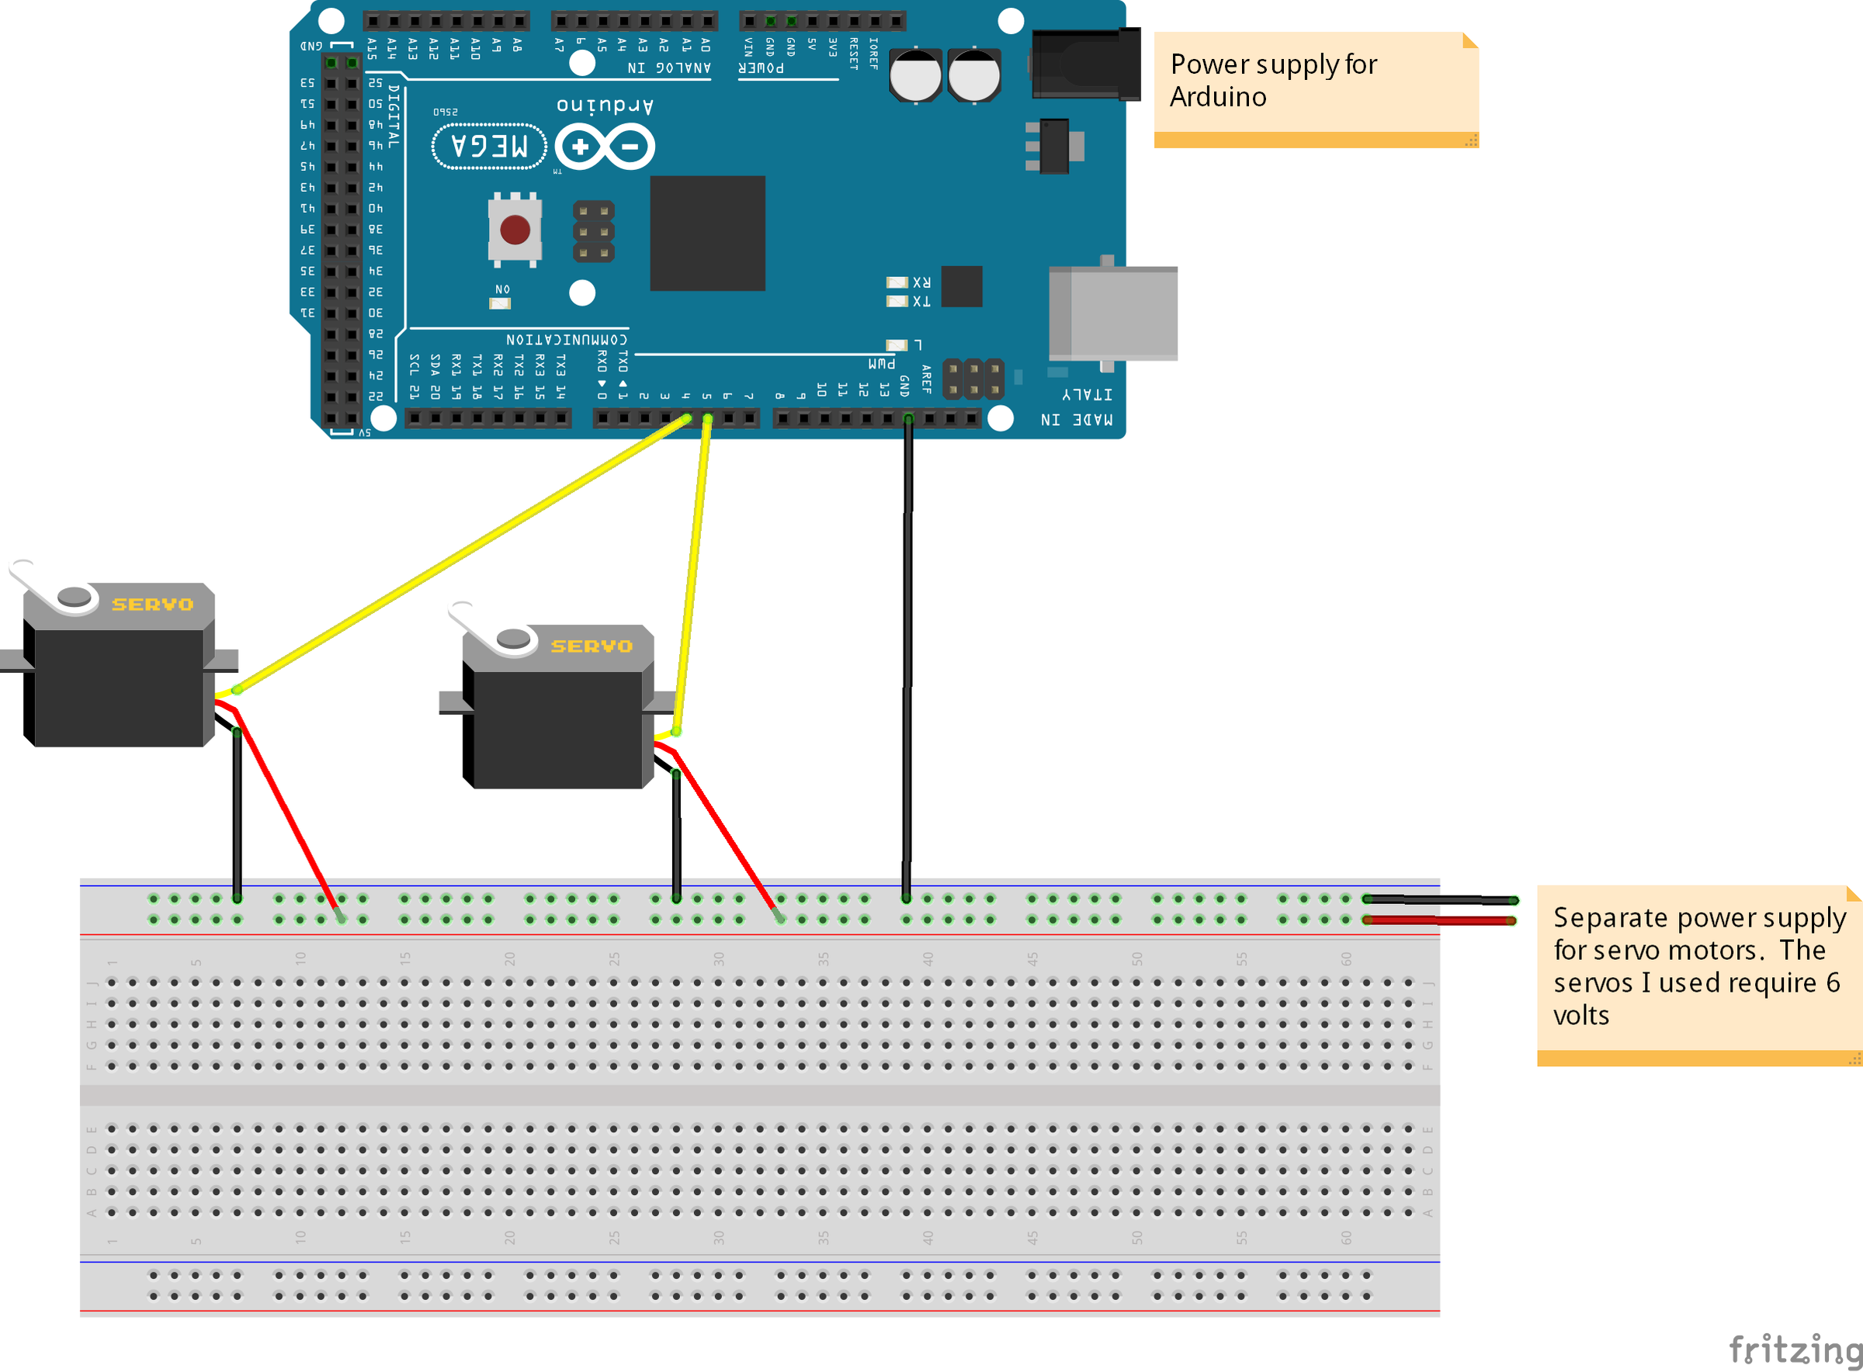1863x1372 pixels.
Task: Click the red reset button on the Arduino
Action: click(515, 229)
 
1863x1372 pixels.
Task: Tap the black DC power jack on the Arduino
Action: click(1084, 64)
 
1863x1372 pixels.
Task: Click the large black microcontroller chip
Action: click(707, 234)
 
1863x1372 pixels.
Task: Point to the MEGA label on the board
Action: click(489, 146)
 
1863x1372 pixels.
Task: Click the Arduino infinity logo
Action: click(605, 147)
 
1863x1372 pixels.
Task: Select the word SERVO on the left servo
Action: click(153, 605)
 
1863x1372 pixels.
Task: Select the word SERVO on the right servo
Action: click(592, 646)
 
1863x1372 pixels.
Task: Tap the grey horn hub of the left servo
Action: click(75, 595)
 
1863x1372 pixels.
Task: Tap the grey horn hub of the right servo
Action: click(513, 638)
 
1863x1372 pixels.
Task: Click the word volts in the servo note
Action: click(1580, 1015)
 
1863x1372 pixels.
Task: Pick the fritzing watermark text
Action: click(1794, 1349)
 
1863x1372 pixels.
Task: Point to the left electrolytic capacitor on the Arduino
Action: click(915, 74)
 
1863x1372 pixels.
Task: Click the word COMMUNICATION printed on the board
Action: click(567, 340)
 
